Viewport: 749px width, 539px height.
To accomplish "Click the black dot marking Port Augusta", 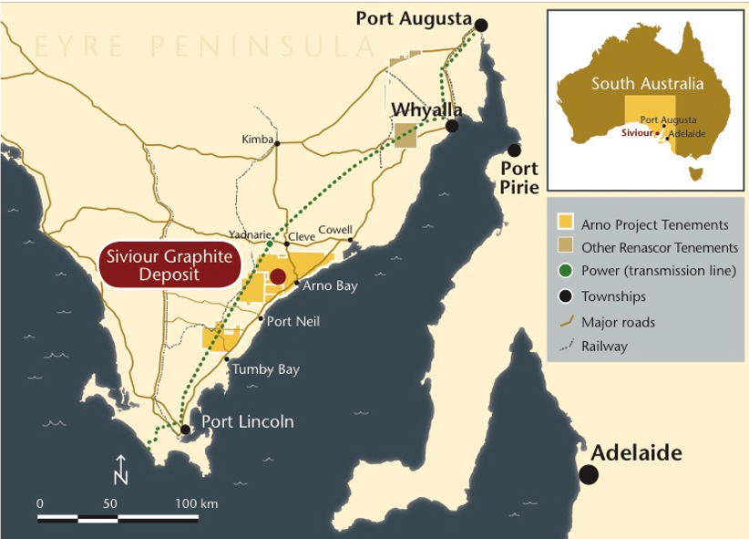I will [x=481, y=25].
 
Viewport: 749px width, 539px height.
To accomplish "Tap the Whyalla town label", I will [x=426, y=109].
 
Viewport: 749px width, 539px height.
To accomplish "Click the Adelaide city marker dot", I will [x=589, y=474].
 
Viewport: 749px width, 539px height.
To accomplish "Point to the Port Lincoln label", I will [x=248, y=421].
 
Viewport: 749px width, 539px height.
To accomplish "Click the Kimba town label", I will [x=257, y=140].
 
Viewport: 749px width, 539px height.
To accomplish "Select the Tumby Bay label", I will [x=266, y=369].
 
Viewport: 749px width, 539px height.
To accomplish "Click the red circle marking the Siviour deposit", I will [x=278, y=275].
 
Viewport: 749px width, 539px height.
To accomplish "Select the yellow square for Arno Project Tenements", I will [x=566, y=223].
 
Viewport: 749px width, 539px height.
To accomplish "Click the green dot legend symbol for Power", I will [x=566, y=272].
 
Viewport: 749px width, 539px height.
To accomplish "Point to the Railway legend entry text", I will [x=604, y=346].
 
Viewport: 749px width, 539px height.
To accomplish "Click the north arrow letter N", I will [x=120, y=476].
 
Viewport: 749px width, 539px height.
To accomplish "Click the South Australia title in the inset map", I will [x=647, y=84].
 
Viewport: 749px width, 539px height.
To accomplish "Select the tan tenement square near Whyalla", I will [x=405, y=135].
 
